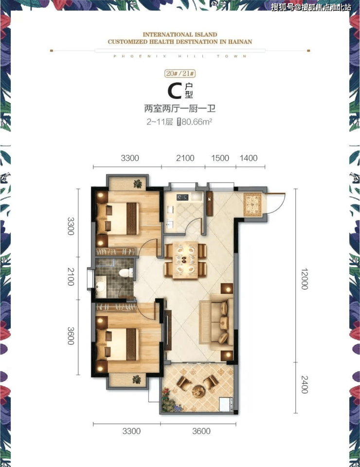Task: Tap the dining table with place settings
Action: coord(185,260)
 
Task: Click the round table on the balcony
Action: coord(198,391)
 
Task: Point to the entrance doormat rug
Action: coord(252,205)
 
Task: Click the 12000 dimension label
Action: coord(304,279)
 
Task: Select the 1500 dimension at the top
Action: coord(220,158)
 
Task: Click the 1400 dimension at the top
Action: coord(249,158)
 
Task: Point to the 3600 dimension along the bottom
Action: coord(201,431)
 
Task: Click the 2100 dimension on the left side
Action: coord(71,277)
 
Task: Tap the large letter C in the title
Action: coord(175,91)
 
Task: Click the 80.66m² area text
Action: coord(197,122)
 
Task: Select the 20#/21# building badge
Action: coord(180,73)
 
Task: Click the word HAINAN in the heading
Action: coord(240,42)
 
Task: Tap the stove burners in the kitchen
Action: coord(182,197)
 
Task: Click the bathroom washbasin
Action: coord(101,286)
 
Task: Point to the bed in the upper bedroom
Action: coord(118,219)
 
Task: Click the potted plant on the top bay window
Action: coord(138,184)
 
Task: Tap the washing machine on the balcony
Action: coord(226,405)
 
